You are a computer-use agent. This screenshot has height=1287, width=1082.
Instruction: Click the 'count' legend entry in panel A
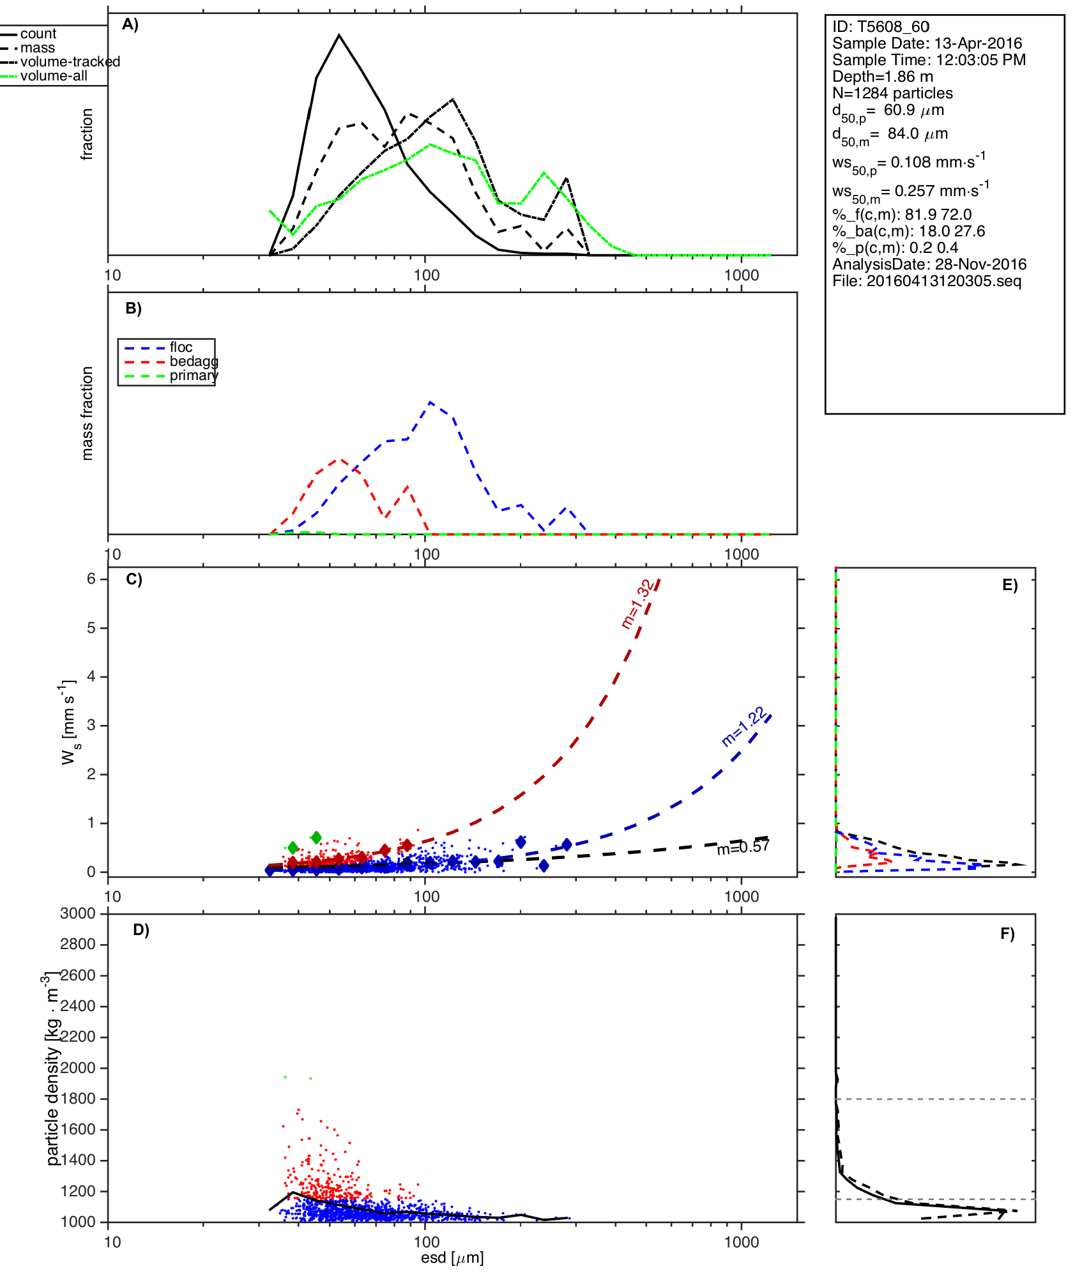tap(38, 34)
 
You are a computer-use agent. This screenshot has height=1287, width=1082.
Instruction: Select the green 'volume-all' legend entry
tap(54, 76)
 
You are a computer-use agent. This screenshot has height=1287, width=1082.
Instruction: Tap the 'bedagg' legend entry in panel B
tap(194, 362)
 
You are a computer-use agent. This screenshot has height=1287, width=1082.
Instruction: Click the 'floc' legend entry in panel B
tap(181, 347)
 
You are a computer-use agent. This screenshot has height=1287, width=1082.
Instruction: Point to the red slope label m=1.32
tap(637, 604)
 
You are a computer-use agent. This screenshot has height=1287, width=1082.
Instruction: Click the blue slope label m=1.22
tap(743, 727)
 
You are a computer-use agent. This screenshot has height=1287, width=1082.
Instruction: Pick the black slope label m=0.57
tap(743, 848)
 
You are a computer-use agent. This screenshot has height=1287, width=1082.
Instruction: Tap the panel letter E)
tap(1010, 585)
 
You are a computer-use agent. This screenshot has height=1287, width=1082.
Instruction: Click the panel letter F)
tap(1007, 934)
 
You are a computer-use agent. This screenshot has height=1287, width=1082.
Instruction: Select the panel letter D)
tap(141, 930)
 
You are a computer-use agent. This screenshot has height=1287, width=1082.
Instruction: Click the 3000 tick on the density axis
tap(78, 913)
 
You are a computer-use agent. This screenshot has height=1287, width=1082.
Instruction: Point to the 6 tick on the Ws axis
tap(91, 579)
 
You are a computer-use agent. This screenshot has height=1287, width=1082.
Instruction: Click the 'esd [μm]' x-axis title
tap(452, 1258)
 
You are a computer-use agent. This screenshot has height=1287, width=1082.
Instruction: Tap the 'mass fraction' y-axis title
tap(88, 413)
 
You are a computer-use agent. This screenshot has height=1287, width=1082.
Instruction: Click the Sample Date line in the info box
tap(927, 43)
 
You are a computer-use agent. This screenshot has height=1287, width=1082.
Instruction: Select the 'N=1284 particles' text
tap(892, 93)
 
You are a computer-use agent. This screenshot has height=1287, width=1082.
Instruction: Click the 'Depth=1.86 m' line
tap(882, 77)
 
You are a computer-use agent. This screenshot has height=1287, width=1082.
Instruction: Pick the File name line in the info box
tap(927, 281)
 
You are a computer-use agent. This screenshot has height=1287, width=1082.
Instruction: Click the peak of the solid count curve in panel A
tap(339, 35)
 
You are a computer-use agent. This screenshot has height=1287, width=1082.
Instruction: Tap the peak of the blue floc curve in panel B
tap(431, 402)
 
